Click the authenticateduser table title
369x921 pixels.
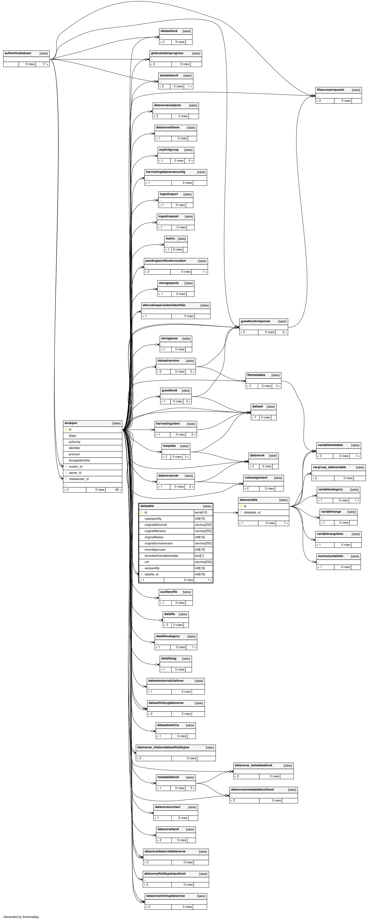coord(18,53)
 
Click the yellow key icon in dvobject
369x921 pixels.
coord(66,430)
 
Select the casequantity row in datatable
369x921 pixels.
coord(166,519)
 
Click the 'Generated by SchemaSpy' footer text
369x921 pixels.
coord(21,917)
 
